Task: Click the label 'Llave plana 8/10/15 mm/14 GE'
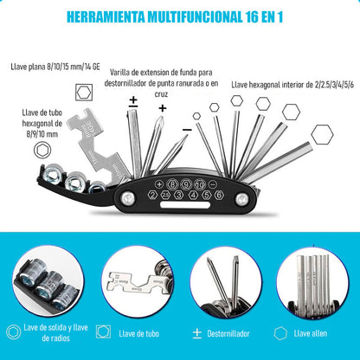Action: [x=60, y=65]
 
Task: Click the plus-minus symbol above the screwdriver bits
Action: [x=133, y=101]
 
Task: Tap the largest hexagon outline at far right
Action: [x=323, y=134]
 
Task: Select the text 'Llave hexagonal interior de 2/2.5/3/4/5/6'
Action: [x=292, y=85]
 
